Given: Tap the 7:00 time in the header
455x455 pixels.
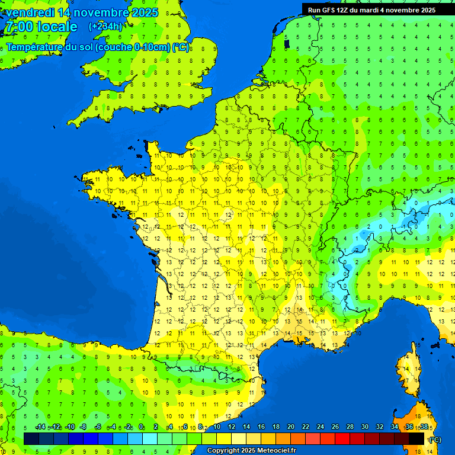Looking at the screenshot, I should tap(18, 27).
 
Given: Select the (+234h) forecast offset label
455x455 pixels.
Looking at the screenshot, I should tap(105, 26).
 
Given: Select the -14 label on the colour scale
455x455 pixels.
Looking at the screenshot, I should tap(40, 427).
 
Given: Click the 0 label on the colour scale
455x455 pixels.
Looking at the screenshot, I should tap(141, 427).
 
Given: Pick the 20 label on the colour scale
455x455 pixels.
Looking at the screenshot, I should tap(290, 427).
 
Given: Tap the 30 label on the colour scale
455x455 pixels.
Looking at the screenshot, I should tap(364, 427).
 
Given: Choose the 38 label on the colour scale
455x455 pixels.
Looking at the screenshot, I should tap(424, 427).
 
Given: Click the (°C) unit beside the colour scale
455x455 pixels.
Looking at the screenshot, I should tap(435, 440).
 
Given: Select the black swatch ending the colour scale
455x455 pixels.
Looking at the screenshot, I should tap(416, 439).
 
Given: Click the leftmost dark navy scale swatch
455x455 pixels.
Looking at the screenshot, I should tap(31, 439).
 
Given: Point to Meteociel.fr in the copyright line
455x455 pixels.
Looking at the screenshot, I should tap(274, 451).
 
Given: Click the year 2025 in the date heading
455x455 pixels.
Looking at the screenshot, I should tap(144, 12).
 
